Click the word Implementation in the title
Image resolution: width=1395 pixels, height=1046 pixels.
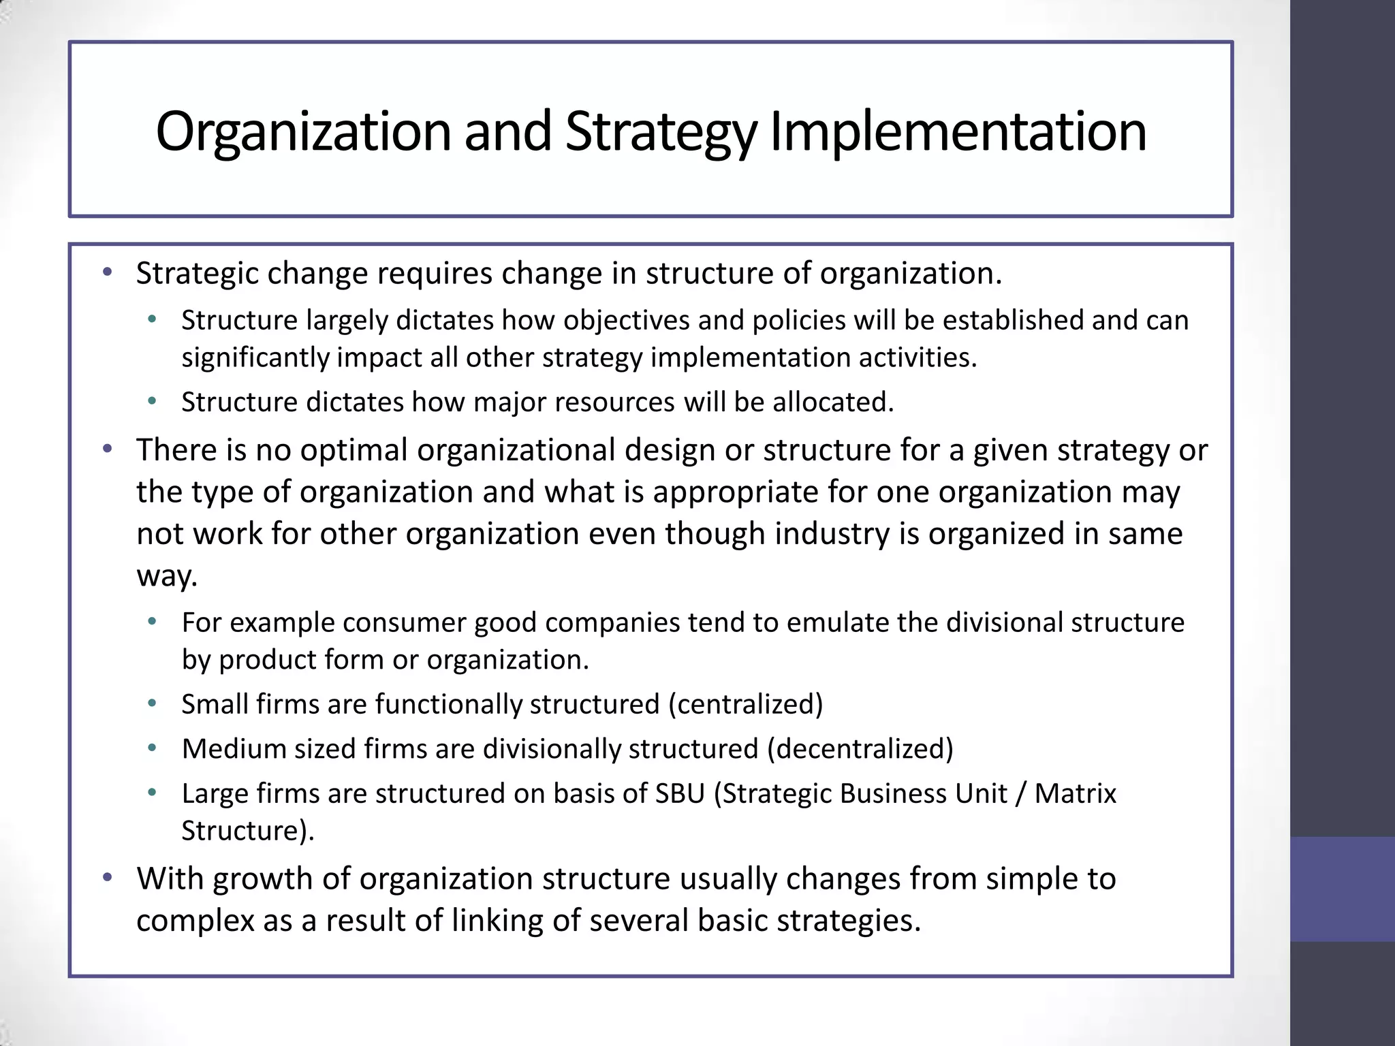pyautogui.click(x=958, y=132)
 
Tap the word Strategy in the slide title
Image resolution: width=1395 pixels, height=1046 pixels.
pyautogui.click(x=660, y=132)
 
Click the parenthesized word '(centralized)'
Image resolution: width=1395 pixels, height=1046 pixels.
pyautogui.click(x=745, y=704)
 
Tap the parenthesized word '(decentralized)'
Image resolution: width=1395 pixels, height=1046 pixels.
pyautogui.click(x=860, y=749)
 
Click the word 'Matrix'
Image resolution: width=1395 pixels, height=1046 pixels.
pyautogui.click(x=1076, y=794)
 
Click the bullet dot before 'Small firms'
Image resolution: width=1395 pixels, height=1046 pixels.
pyautogui.click(x=152, y=704)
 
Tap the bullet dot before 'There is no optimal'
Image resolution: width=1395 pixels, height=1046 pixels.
pyautogui.click(x=106, y=449)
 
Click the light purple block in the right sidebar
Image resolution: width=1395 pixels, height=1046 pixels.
pyautogui.click(x=1342, y=889)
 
